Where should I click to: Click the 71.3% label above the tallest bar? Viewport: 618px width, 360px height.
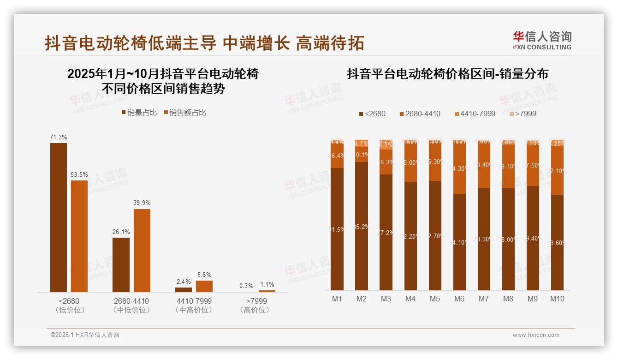point(59,137)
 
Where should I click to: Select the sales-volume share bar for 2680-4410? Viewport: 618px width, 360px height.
point(121,264)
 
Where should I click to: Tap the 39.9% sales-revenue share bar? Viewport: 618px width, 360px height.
point(142,250)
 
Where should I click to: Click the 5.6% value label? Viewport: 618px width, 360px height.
point(204,274)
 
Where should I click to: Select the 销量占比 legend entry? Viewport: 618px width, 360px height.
point(139,113)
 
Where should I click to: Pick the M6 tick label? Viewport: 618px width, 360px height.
point(459,299)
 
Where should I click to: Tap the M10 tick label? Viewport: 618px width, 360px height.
point(557,299)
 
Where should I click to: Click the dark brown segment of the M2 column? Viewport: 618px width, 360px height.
point(362,226)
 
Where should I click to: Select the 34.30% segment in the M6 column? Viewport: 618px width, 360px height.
point(459,169)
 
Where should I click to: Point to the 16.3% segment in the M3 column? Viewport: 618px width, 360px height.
point(386,162)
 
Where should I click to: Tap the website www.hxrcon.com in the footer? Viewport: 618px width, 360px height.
point(536,335)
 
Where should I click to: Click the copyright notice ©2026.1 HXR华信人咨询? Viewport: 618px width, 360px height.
point(85,335)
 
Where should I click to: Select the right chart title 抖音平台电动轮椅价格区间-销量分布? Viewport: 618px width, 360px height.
point(447,74)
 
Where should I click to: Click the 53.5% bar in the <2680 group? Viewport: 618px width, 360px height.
point(79,236)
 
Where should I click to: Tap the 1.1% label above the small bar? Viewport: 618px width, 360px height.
point(267,285)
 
